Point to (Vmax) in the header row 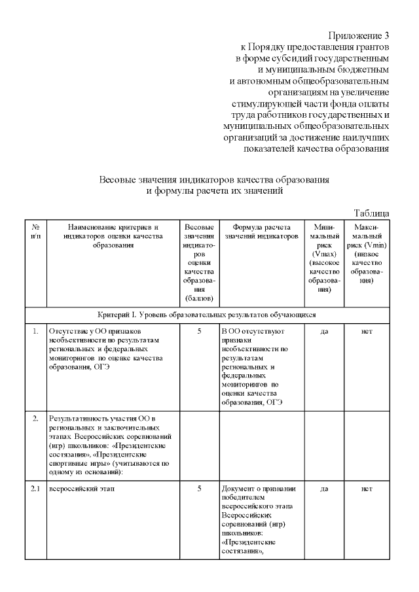click(325, 253)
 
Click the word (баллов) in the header click(199, 299)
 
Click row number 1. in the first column click(35, 332)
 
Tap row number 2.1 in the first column click(35, 489)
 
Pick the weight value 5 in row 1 click(199, 332)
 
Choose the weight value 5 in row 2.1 click(199, 489)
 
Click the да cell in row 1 click(324, 332)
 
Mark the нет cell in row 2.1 click(367, 489)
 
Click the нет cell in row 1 click(367, 332)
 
